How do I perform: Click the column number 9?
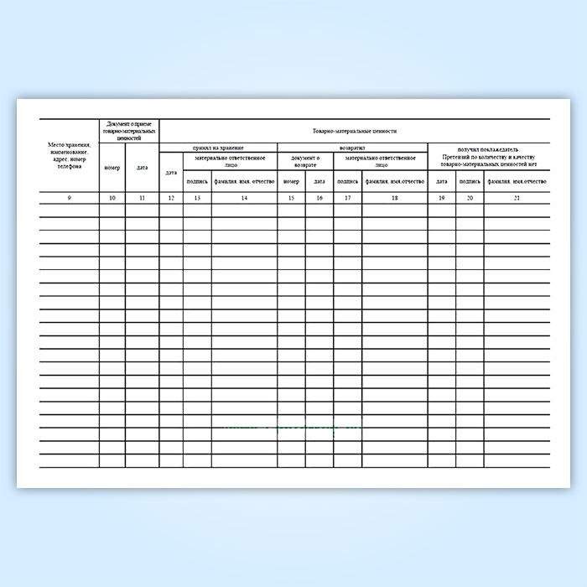tap(70, 197)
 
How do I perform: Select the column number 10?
tap(112, 197)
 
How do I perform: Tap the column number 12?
tap(171, 197)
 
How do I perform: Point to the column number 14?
tap(243, 197)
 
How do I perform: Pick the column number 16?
tap(319, 197)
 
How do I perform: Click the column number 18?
tap(394, 197)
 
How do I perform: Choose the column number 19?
tap(442, 197)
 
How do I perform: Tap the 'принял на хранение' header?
tap(218, 148)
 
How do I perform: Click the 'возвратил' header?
tap(352, 148)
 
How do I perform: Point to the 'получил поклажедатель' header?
tap(489, 148)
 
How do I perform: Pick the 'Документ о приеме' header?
tap(128, 130)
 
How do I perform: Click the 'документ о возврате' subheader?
tap(305, 161)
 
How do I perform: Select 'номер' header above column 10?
tap(112, 168)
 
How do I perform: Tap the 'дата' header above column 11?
tap(142, 168)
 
